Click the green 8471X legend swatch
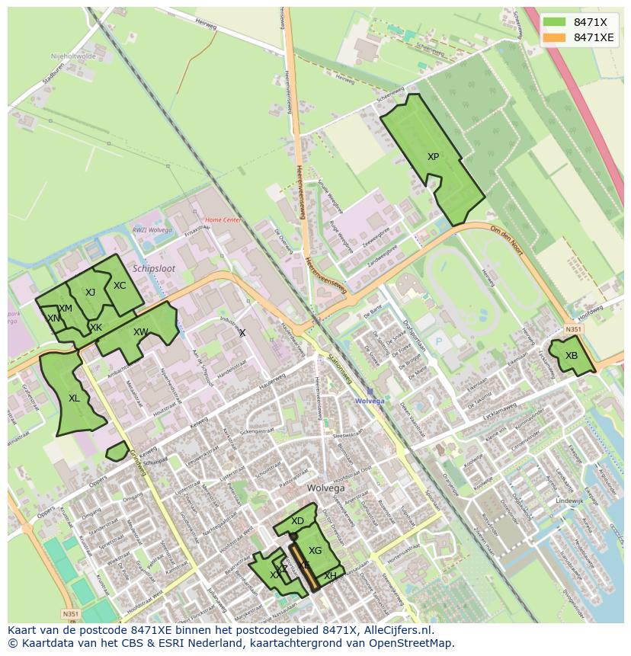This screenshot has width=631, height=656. click(x=555, y=22)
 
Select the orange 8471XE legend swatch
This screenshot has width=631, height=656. click(x=555, y=37)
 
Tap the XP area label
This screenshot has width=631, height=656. click(x=433, y=157)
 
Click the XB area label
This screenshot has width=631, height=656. click(x=572, y=356)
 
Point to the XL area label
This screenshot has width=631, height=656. click(x=74, y=398)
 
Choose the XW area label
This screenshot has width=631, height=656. click(x=140, y=332)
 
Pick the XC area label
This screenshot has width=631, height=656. click(x=120, y=286)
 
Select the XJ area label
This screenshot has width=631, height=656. click(x=90, y=293)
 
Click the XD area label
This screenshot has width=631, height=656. click(x=297, y=521)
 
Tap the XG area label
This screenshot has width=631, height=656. click(x=315, y=551)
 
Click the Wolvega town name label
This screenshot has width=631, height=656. click(x=326, y=488)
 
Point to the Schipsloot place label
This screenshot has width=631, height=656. click(x=154, y=269)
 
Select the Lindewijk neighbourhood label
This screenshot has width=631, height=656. click(x=569, y=501)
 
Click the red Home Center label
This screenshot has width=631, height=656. click(x=223, y=220)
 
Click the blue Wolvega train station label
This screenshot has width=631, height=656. click(x=370, y=400)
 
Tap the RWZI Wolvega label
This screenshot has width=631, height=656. click(x=152, y=230)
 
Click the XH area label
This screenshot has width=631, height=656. click(x=330, y=576)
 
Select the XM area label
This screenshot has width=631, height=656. click(x=66, y=309)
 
